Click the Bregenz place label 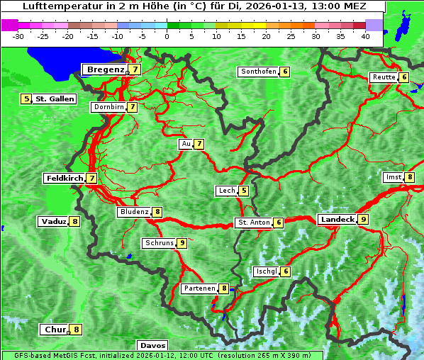105,69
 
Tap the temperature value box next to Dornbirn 132,107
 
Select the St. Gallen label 55,99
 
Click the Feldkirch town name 65,179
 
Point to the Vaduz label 54,221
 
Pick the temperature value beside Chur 77,330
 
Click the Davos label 152,346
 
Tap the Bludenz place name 135,212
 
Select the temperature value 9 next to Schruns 182,243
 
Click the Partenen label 199,288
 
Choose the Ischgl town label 267,271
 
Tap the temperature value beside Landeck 363,220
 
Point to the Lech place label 227,191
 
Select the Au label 186,144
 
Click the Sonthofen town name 259,72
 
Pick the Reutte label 384,77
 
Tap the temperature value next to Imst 410,177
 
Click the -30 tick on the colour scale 19,35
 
